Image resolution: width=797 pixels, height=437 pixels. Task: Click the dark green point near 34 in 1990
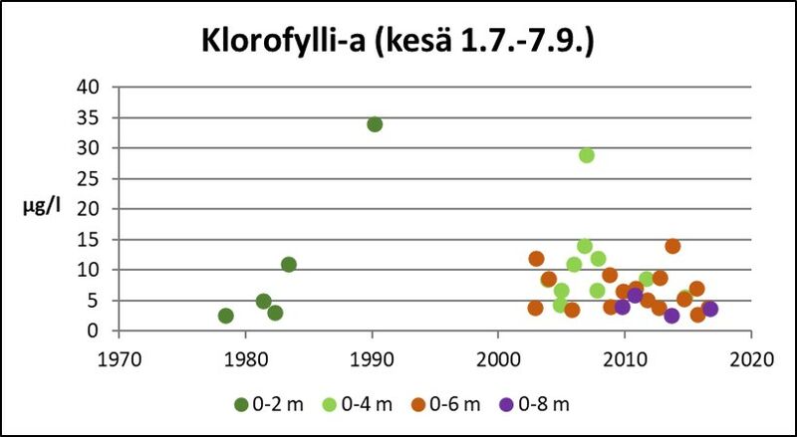point(375,124)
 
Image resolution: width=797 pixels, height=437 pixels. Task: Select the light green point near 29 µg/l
point(587,155)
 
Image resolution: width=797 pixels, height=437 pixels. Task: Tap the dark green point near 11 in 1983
point(289,265)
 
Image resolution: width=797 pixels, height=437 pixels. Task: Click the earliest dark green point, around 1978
point(226,316)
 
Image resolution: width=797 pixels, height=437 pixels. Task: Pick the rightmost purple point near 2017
point(709,309)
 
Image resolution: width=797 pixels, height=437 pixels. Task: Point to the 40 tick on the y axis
point(88,87)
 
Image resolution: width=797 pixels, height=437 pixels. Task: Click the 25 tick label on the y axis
point(88,178)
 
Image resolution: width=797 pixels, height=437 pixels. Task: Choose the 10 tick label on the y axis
point(88,270)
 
